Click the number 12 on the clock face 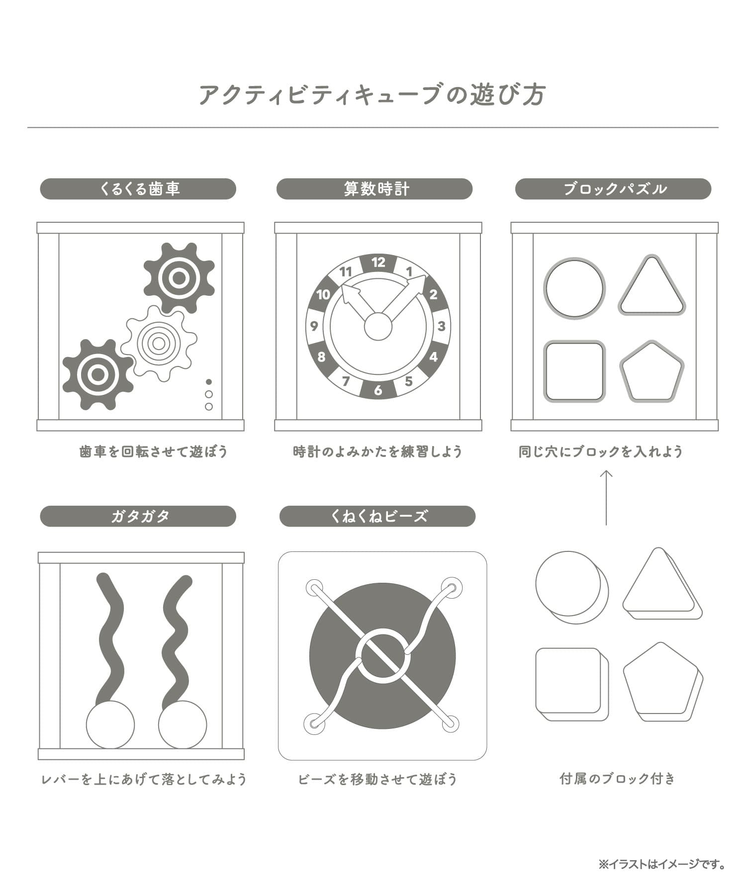click(378, 262)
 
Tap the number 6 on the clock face click(378, 390)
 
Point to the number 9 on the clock click(314, 326)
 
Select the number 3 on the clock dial click(441, 326)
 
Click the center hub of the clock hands click(378, 326)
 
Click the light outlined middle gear click(159, 343)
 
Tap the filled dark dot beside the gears click(209, 382)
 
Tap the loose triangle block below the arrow click(662, 584)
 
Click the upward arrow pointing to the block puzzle click(606, 497)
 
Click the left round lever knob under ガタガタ click(110, 724)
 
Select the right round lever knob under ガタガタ click(183, 724)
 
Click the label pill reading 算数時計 click(374, 189)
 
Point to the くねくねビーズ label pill click(377, 516)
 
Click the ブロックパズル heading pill click(613, 189)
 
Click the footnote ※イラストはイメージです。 click(661, 865)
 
